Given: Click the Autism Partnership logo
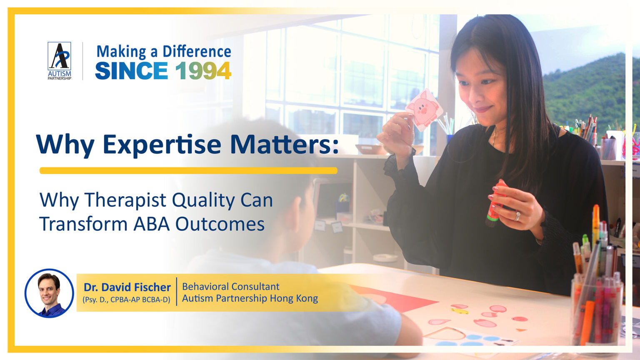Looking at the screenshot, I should coord(59,60).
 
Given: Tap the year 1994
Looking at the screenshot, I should coord(203,71).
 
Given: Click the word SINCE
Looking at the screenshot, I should coord(131,71).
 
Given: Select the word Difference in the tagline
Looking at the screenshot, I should coord(197,52).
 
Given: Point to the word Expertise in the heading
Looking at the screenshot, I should coord(162,144).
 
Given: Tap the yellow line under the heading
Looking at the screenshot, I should coord(188,170).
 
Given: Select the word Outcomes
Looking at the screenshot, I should coord(220,224).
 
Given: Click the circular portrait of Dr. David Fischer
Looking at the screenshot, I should coord(49,293).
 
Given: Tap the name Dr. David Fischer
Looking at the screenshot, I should coord(127,287).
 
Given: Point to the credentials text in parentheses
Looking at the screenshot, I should coord(126,300).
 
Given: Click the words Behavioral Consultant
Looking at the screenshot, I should coord(230,287).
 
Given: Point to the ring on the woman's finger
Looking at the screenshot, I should coord(517,216).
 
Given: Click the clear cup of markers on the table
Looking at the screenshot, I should coord(597,310).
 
